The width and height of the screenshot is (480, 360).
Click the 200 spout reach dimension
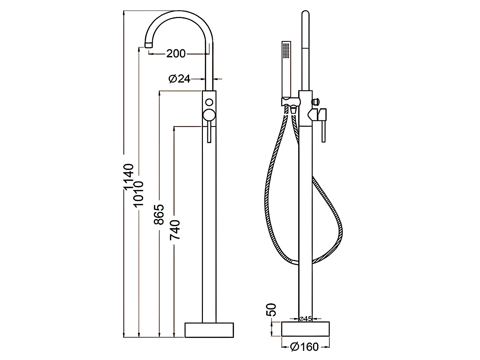176,54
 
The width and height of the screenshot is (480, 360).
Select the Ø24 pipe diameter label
180,78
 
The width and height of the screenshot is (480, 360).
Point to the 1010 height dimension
139,194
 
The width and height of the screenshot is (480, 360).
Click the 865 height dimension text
159,214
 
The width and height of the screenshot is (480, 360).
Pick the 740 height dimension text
175,230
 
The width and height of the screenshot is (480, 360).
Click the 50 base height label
271,309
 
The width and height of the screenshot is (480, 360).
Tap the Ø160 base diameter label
304,347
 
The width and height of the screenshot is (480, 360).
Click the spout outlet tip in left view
148,44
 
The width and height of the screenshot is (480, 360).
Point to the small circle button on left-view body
209,102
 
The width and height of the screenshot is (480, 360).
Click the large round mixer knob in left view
209,115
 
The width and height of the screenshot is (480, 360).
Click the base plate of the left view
209,330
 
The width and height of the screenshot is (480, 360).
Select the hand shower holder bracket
290,102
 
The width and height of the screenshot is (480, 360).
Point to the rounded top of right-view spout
306,14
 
